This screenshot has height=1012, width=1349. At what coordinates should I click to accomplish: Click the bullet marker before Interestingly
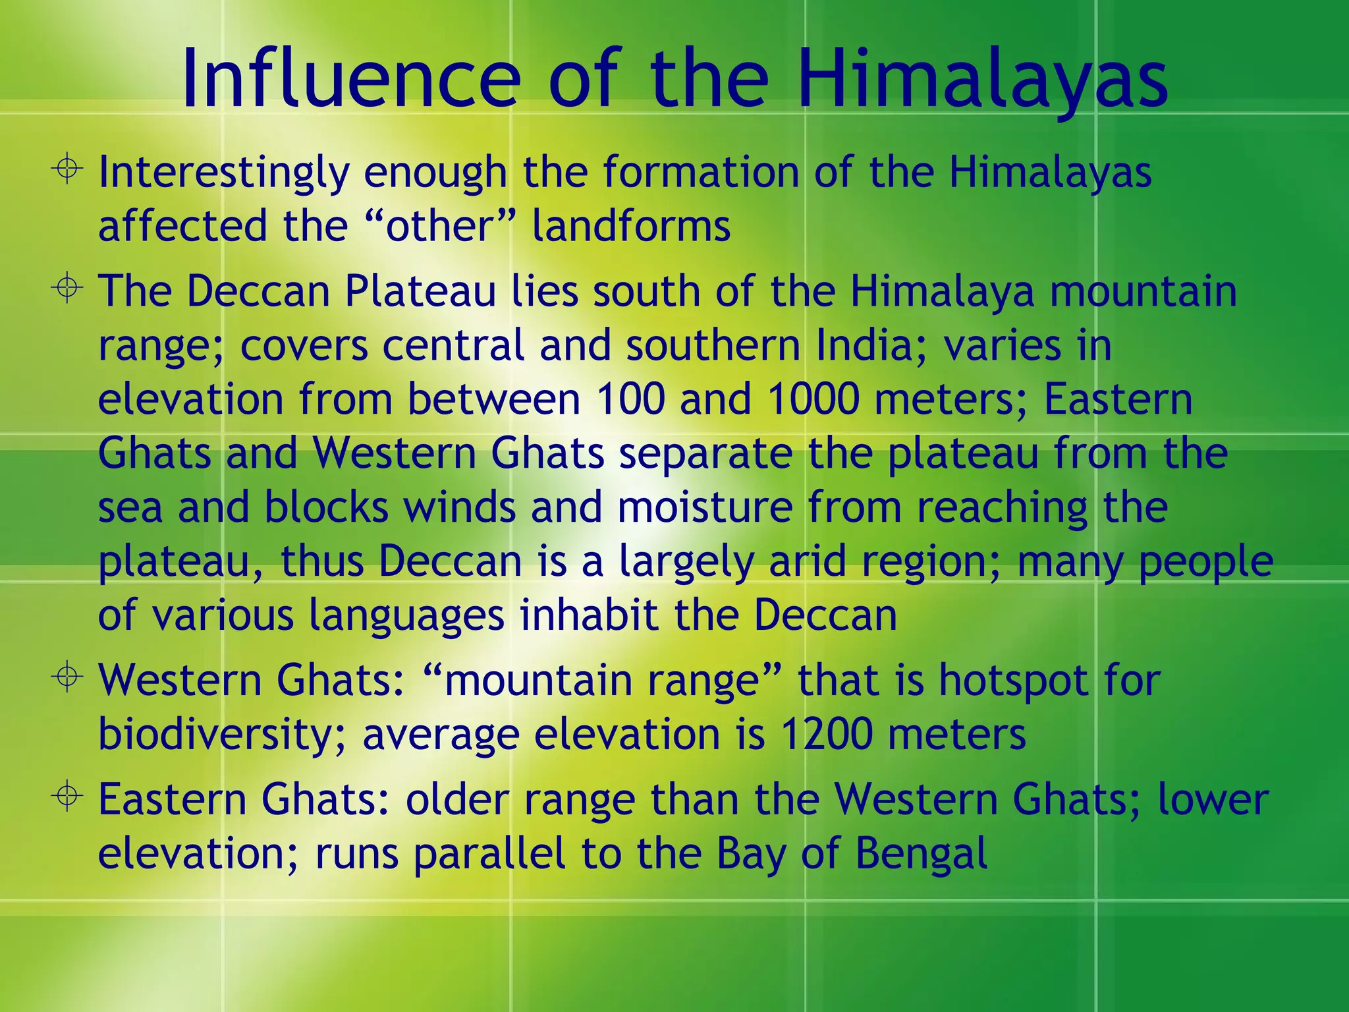tap(67, 169)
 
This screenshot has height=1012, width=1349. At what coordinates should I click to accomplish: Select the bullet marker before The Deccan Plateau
tap(67, 288)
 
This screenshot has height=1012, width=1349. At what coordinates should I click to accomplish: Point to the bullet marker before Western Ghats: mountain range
tap(67, 677)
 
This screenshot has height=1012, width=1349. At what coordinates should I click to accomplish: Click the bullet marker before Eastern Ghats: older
tap(67, 796)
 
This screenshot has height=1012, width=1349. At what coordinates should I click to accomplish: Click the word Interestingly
tap(223, 173)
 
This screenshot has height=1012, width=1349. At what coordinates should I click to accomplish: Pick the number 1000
tap(813, 399)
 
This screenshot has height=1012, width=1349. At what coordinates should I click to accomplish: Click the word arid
tap(808, 561)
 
